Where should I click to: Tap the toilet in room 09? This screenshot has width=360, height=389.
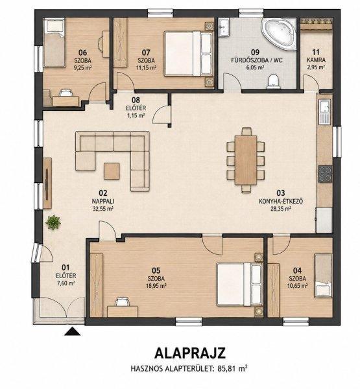(274, 82)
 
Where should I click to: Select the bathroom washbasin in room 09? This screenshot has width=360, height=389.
(225, 27)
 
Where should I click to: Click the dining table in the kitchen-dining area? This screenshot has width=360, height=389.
(246, 160)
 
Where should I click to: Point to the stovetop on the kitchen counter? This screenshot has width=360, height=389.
(325, 174)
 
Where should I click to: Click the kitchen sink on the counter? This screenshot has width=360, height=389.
(325, 112)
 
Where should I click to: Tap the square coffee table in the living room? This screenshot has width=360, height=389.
(112, 171)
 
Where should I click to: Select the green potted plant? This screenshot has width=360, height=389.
(53, 222)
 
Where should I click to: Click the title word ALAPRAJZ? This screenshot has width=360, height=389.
(190, 353)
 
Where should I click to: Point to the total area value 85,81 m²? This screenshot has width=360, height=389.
(232, 368)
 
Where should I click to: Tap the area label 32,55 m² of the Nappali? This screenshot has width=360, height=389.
(102, 208)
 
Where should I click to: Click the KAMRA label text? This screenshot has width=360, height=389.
(316, 60)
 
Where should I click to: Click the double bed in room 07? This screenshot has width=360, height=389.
(189, 53)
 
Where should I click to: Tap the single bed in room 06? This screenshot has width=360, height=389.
(54, 43)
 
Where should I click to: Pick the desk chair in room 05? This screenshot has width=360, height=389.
(122, 302)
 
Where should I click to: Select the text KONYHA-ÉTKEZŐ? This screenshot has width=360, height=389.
(281, 201)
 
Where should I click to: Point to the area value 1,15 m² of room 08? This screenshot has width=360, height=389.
(136, 115)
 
